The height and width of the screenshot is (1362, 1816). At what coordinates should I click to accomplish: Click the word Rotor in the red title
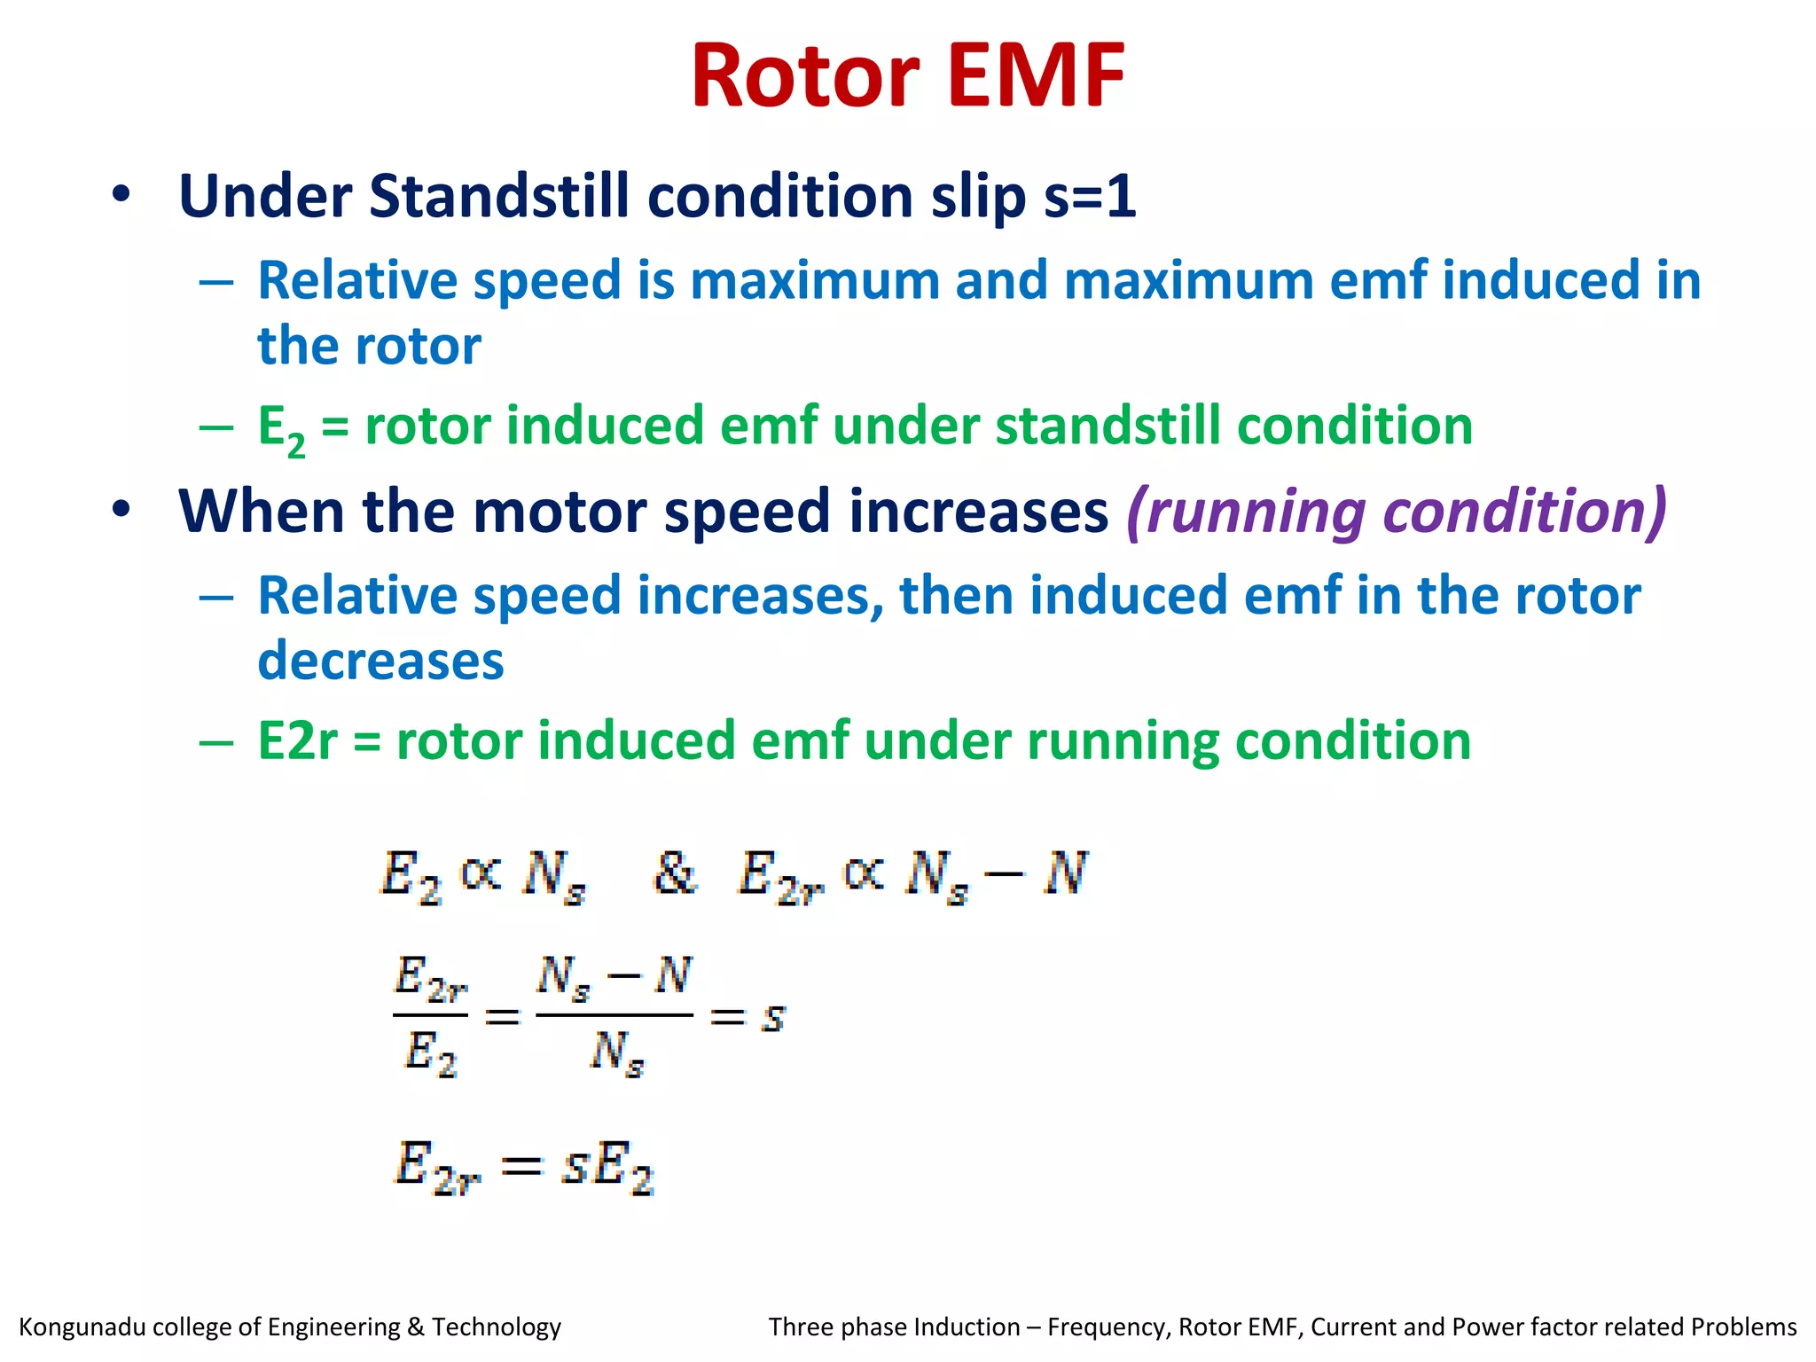[x=805, y=78]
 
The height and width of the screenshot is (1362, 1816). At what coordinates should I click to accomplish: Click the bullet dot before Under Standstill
[x=121, y=194]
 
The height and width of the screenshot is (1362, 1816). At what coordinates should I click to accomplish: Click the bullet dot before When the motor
[x=121, y=509]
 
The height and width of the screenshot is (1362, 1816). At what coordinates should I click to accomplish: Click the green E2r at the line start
[x=297, y=741]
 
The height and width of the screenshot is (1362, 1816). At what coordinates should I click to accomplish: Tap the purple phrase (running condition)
[x=1397, y=512]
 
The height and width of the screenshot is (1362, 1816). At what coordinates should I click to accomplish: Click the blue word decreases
[x=380, y=661]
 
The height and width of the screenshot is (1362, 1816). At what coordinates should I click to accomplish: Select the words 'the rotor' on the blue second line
[x=369, y=346]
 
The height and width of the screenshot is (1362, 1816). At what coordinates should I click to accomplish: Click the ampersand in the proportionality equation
[x=674, y=873]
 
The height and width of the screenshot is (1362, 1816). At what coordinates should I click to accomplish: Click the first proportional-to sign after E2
[x=481, y=873]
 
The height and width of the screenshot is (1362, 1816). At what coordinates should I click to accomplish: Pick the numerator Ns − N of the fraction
[x=614, y=978]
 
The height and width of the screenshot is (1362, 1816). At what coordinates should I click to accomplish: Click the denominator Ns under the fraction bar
[x=616, y=1054]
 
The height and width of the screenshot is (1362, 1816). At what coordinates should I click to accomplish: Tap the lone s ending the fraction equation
[x=773, y=1017]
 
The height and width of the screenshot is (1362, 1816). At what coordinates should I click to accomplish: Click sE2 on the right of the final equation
[x=608, y=1167]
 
